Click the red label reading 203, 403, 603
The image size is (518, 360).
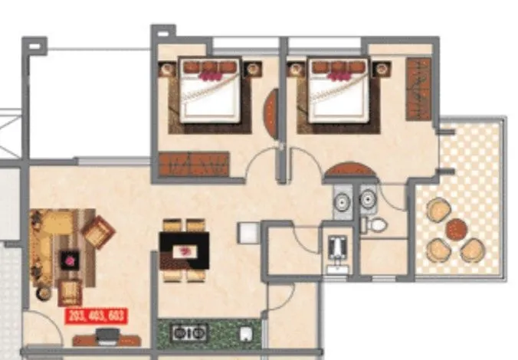96,315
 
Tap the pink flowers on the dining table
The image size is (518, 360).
184,250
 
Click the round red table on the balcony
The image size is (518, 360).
457,229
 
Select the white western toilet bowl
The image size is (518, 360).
376,224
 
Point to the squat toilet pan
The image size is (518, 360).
338,247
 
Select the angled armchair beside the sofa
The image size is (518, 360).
98,231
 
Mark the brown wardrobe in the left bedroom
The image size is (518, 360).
195,164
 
